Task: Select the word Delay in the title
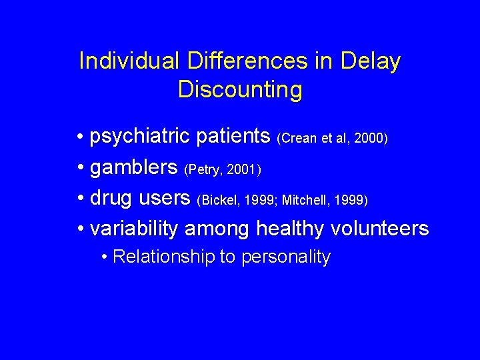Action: [371, 61]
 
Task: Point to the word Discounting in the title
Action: [240, 89]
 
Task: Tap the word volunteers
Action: [382, 229]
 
